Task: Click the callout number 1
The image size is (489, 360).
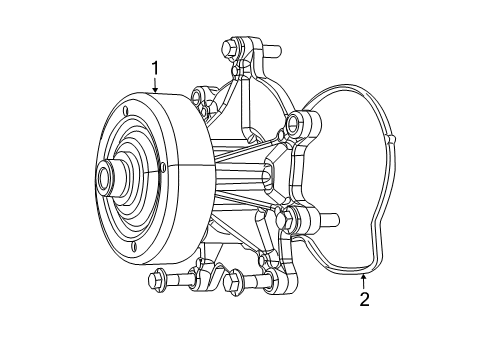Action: pyautogui.click(x=155, y=68)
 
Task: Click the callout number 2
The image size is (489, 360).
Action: pyautogui.click(x=364, y=299)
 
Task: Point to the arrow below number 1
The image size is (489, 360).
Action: pyautogui.click(x=155, y=87)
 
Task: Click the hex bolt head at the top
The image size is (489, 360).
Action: pyautogui.click(x=226, y=47)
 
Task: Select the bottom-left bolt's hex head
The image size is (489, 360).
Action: pyautogui.click(x=157, y=281)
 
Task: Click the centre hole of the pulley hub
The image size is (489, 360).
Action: pyautogui.click(x=104, y=181)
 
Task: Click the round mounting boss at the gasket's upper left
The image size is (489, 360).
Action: pyautogui.click(x=297, y=124)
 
